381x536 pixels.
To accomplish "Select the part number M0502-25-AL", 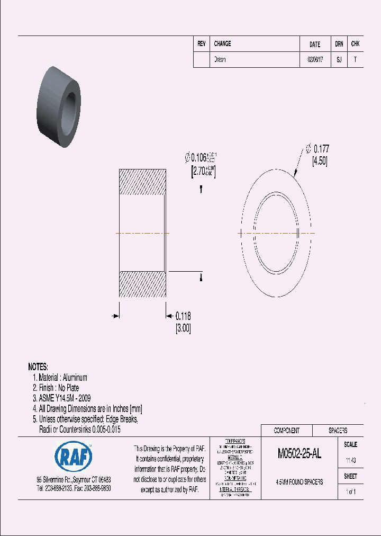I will click(x=299, y=454).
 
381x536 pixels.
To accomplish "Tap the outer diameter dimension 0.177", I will click(x=322, y=149).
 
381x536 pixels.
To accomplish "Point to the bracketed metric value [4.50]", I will click(x=320, y=161).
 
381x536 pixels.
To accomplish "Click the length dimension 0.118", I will click(x=183, y=316).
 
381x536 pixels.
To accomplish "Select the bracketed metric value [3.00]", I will click(x=183, y=328).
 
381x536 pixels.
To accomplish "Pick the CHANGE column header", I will click(x=222, y=44).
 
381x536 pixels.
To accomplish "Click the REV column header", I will click(x=201, y=44).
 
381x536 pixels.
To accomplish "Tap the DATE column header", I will click(x=315, y=44).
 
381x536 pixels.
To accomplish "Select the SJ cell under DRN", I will click(x=339, y=60).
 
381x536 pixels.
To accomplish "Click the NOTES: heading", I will click(x=38, y=367).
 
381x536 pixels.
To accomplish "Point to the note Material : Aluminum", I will click(x=60, y=378).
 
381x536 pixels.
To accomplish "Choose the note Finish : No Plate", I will click(x=56, y=388).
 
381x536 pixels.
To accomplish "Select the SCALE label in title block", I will click(x=350, y=445).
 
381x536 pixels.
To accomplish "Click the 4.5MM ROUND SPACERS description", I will click(x=300, y=482).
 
